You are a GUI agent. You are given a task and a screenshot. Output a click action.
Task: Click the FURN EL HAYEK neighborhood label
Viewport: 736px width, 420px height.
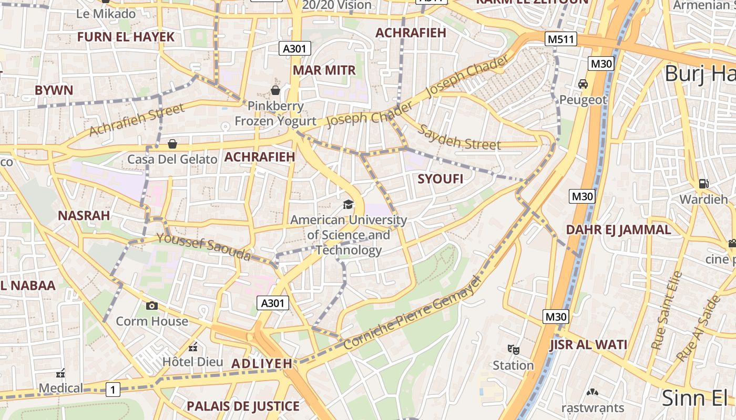(126, 37)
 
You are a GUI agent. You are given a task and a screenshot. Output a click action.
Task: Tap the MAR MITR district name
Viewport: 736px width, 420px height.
(324, 70)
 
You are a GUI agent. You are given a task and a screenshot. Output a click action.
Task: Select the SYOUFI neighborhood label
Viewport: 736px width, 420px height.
(441, 179)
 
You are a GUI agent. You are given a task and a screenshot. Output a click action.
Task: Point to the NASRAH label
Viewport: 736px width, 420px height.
(84, 215)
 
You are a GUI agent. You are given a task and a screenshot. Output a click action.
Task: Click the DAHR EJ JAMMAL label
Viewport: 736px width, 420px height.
(618, 229)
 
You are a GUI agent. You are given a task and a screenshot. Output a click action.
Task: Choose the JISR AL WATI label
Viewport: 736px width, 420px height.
(588, 345)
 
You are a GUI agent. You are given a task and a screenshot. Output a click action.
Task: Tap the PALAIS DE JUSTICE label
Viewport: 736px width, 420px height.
(243, 406)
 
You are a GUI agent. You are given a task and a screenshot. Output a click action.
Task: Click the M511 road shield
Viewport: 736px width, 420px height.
(561, 39)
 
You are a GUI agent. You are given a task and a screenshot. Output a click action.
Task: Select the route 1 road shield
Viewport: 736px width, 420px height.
(113, 390)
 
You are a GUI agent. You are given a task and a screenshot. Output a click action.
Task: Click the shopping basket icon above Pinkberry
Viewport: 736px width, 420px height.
(275, 90)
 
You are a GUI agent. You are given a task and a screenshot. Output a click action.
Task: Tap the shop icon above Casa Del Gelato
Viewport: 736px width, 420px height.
(172, 144)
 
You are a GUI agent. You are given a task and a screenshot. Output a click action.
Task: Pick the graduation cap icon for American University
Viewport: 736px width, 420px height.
(348, 204)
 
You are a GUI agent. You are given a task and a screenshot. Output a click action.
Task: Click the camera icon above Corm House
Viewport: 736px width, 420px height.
(152, 306)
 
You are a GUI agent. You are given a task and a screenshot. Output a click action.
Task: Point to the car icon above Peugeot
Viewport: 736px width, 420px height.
(583, 84)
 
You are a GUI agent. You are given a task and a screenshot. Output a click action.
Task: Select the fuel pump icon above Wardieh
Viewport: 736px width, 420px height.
(703, 184)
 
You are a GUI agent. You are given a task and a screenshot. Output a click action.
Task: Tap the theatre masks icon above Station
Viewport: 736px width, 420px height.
(513, 349)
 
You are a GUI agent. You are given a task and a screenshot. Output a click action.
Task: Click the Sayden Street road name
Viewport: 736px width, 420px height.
(459, 138)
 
